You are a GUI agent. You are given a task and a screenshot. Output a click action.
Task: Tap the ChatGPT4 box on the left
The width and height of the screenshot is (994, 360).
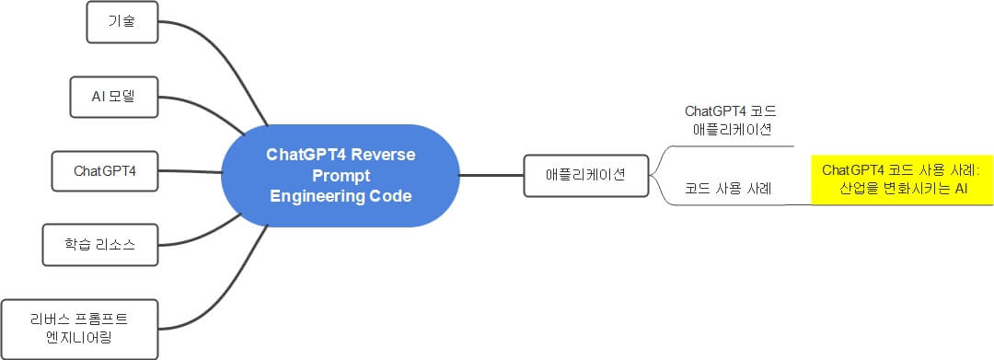tap(104, 170)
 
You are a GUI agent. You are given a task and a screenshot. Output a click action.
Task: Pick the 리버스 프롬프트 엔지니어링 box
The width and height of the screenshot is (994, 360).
tap(77, 328)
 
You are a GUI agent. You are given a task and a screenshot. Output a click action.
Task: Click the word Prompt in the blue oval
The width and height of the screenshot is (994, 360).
tap(340, 175)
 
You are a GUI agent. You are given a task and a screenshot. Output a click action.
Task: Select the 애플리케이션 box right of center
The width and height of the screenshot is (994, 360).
tap(584, 174)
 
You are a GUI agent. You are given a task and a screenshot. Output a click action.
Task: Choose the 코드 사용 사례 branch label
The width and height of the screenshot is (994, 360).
tap(727, 189)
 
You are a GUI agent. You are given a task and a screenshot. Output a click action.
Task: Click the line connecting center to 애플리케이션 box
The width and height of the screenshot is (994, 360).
tap(491, 174)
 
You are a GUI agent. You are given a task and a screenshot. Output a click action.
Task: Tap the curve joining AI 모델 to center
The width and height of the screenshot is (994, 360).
tap(207, 109)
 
